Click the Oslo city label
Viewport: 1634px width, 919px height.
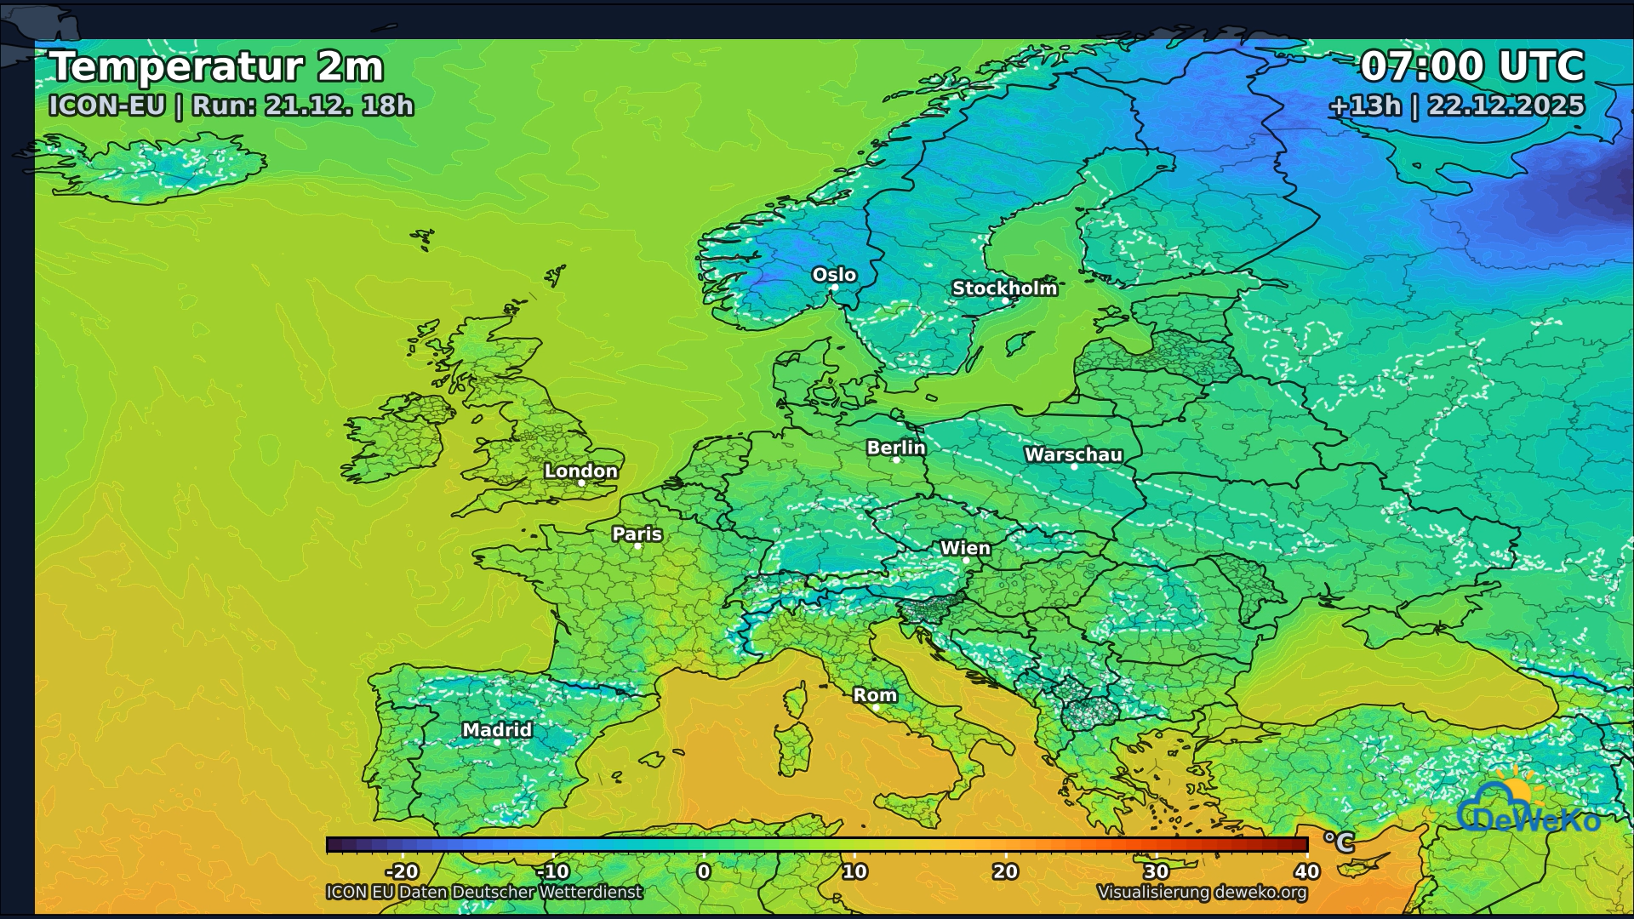[x=834, y=275]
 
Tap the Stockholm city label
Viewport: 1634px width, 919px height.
[x=1004, y=288]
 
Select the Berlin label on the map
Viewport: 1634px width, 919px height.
[x=895, y=448]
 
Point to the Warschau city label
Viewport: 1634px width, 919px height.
[x=1073, y=454]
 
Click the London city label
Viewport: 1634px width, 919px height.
[x=581, y=471]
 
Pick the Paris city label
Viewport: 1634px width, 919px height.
[x=637, y=534]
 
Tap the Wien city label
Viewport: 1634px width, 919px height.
[x=965, y=548]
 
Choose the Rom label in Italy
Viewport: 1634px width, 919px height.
[x=875, y=695]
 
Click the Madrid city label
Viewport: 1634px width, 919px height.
[x=497, y=729]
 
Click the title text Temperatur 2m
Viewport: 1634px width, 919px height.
[x=216, y=66]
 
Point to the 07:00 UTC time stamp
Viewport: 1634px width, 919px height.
[x=1471, y=66]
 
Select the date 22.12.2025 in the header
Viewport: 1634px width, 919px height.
[x=1505, y=106]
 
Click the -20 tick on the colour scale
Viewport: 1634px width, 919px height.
[x=402, y=871]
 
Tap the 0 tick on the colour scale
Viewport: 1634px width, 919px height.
[x=704, y=871]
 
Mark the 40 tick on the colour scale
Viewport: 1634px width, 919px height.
[x=1306, y=871]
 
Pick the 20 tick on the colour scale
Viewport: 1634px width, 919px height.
[x=1005, y=871]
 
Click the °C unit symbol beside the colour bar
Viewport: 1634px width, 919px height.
[x=1338, y=842]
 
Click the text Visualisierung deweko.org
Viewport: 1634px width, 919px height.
[x=1202, y=892]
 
